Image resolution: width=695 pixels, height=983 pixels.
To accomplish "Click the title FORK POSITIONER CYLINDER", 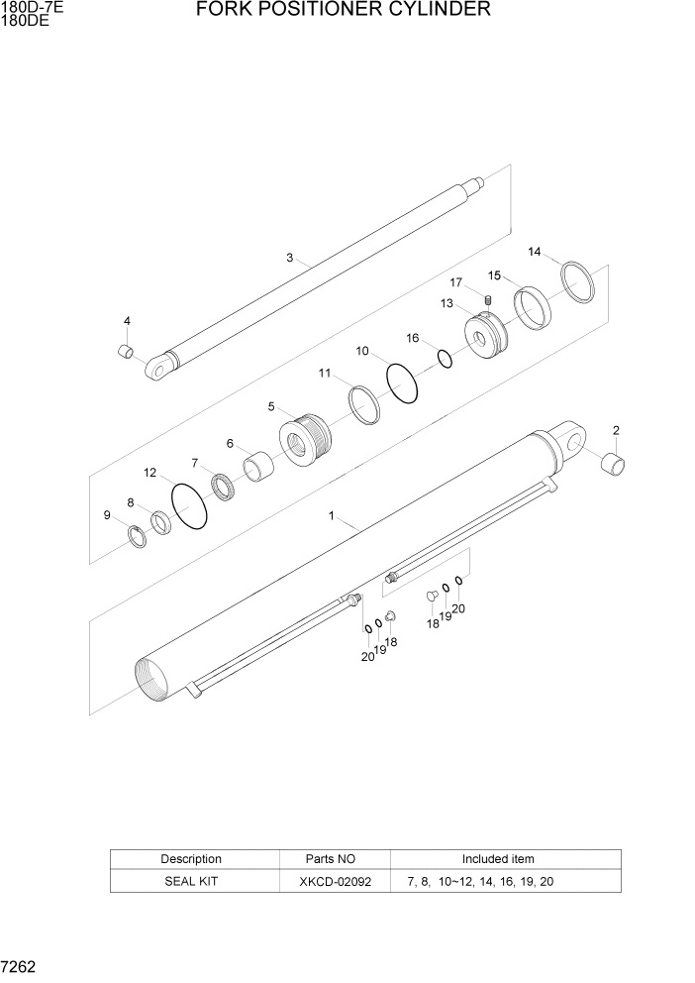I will tap(344, 10).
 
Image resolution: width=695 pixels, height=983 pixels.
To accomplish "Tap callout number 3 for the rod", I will tap(290, 258).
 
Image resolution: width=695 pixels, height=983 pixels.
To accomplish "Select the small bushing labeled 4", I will tap(126, 351).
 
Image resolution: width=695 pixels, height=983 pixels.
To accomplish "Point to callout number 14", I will tap(535, 252).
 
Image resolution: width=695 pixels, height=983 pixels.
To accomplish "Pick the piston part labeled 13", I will tap(485, 336).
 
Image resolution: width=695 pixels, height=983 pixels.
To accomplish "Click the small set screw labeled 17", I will tap(487, 300).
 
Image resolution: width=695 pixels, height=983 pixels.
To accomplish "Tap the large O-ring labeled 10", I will tap(401, 383).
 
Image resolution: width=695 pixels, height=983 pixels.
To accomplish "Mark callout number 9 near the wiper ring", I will tap(107, 514).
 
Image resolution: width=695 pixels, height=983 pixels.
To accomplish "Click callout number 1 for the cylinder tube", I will tap(333, 516).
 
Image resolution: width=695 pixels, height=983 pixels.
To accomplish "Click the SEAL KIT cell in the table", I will tap(191, 881).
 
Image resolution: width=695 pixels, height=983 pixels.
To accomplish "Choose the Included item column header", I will tap(498, 859).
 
